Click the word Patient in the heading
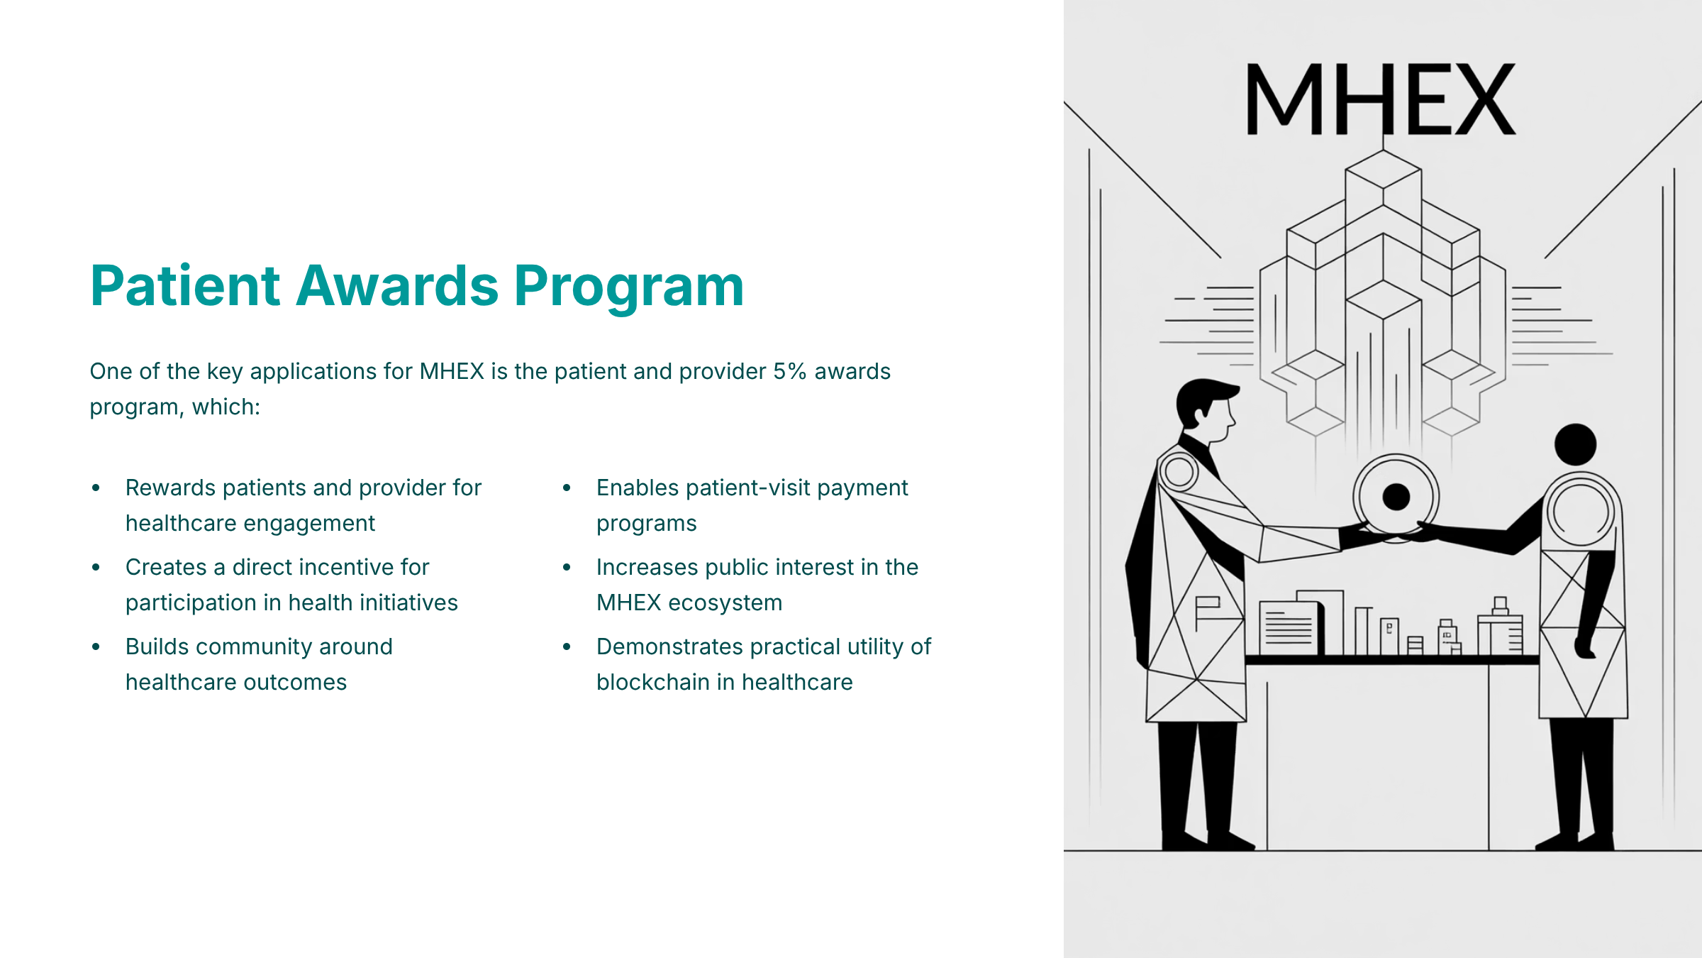click(x=185, y=285)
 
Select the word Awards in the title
click(x=397, y=285)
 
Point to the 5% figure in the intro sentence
click(x=789, y=371)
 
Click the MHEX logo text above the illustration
click(x=1381, y=99)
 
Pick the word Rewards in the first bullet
click(x=171, y=488)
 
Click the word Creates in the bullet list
click(x=166, y=567)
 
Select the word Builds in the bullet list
click(x=157, y=646)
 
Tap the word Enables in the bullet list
click(x=638, y=488)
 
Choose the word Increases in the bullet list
click(x=647, y=567)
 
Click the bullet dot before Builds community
click(x=96, y=646)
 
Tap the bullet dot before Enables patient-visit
click(x=567, y=488)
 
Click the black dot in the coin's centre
click(x=1396, y=497)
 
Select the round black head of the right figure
click(x=1575, y=445)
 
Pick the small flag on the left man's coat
click(x=1207, y=608)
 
